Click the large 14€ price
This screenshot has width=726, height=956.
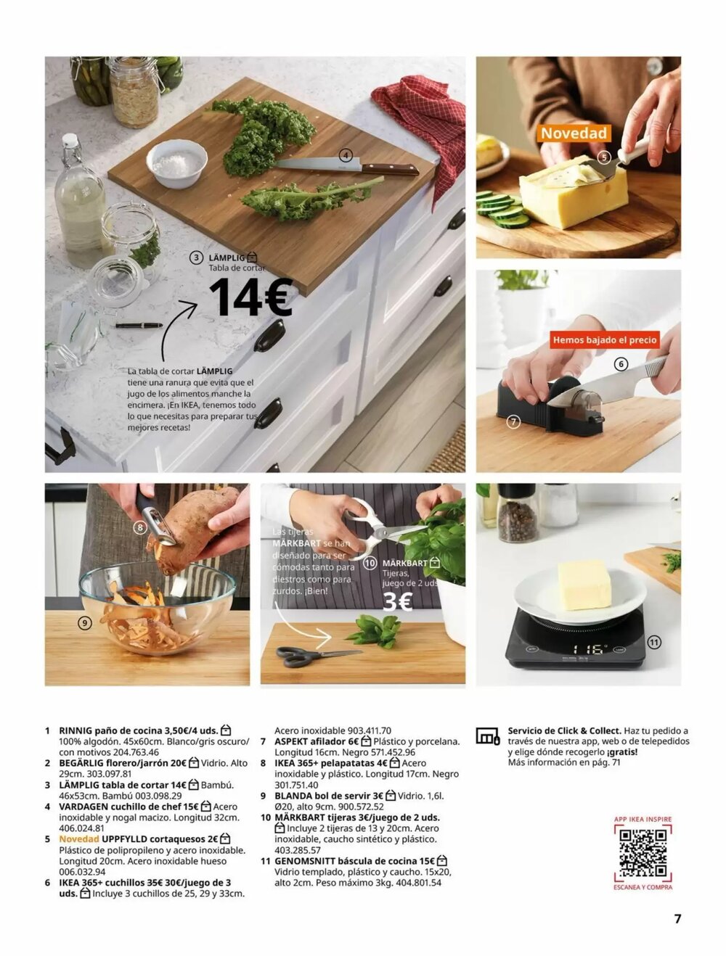(250, 297)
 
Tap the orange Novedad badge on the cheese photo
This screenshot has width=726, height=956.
(574, 133)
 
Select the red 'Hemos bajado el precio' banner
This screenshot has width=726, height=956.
(604, 339)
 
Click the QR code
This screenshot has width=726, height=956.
(643, 853)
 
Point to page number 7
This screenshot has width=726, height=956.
(677, 918)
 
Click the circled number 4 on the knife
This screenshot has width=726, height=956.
(346, 155)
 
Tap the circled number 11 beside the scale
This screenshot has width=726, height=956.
(654, 642)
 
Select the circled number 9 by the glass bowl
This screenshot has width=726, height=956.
(84, 622)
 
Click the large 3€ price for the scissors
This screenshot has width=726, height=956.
(397, 602)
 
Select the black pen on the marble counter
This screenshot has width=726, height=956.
(139, 325)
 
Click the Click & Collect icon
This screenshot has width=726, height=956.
(488, 736)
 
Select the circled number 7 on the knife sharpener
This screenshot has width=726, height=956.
(513, 421)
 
